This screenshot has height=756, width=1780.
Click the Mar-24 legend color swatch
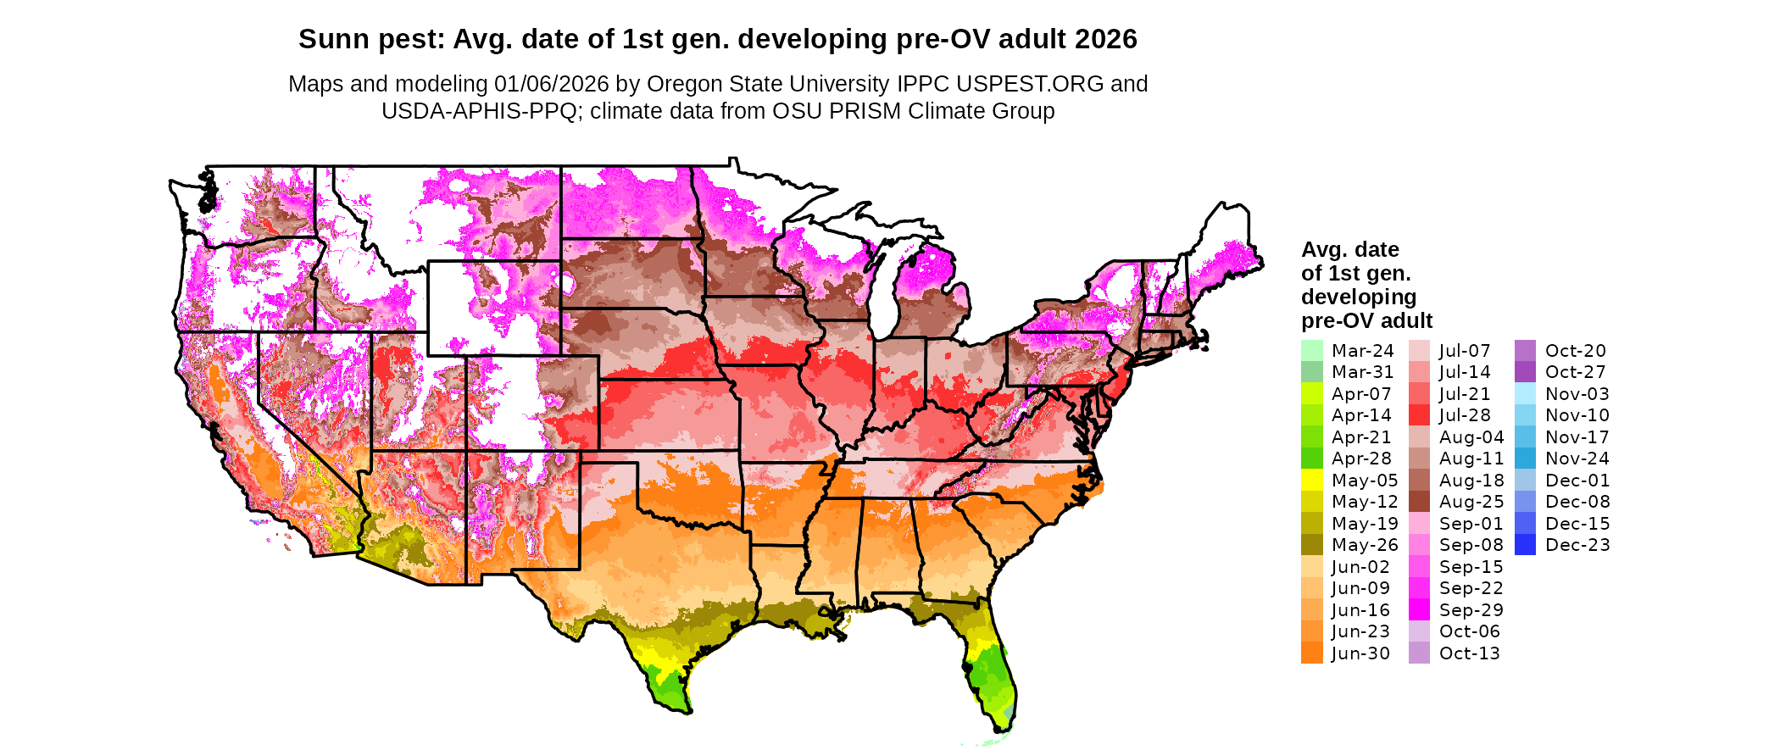pyautogui.click(x=1311, y=351)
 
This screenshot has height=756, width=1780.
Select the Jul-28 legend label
pyautogui.click(x=1465, y=415)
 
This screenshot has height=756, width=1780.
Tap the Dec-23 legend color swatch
pyautogui.click(x=1525, y=545)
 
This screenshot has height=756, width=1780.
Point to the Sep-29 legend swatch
pyautogui.click(x=1419, y=610)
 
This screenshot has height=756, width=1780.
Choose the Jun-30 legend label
pyautogui.click(x=1360, y=653)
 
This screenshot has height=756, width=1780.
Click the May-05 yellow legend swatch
pyautogui.click(x=1311, y=481)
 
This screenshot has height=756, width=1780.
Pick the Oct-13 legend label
pyautogui.click(x=1469, y=653)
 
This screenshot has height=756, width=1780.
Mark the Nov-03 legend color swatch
pyautogui.click(x=1525, y=394)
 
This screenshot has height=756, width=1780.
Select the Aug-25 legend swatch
pyautogui.click(x=1419, y=502)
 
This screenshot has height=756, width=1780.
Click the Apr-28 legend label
pyautogui.click(x=1361, y=459)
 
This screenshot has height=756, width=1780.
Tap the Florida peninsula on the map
pyautogui.click(x=993, y=678)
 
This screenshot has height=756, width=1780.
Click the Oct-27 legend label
pyautogui.click(x=1576, y=372)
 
